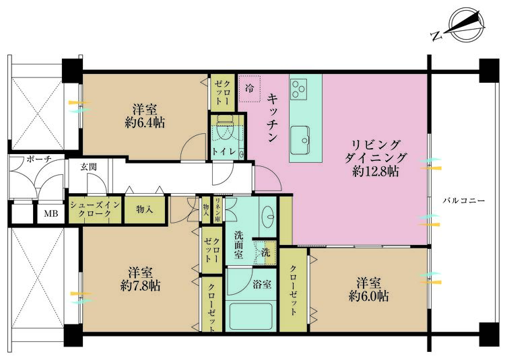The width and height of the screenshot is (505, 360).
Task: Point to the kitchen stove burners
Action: pos(298,87)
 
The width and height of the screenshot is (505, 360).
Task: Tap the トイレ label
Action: pos(224,151)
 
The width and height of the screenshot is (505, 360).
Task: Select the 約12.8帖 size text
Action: pos(376,172)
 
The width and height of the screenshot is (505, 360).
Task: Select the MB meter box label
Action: pos(51,214)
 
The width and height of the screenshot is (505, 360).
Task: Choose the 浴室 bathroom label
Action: pos(263,284)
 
